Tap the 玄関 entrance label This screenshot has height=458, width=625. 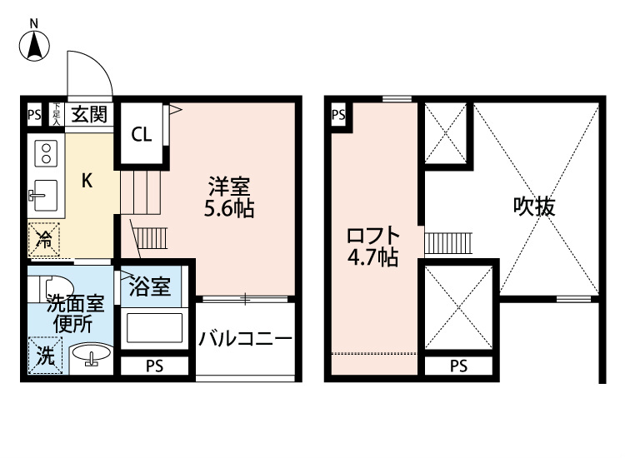tap(87, 115)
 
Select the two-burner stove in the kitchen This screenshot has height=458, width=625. tap(46, 153)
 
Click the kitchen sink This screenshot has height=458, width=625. tap(45, 195)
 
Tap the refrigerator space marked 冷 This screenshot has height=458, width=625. tap(42, 241)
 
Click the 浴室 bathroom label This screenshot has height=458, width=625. tap(150, 287)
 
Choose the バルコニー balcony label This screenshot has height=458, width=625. tap(245, 338)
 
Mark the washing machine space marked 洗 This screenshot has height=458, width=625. tap(44, 356)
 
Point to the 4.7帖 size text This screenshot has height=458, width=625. tap(372, 258)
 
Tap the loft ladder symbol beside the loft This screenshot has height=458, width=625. tap(448, 242)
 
